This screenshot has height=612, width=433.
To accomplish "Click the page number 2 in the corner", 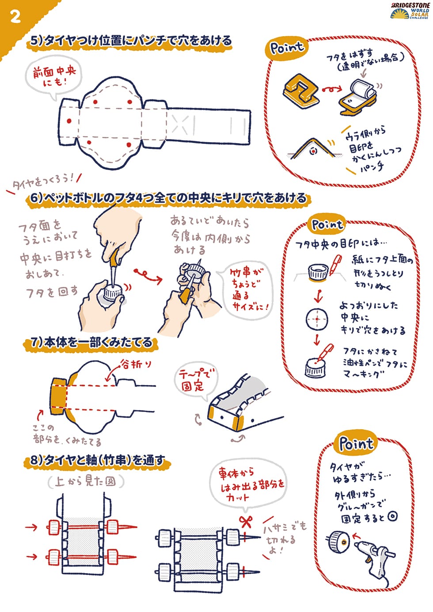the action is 15,17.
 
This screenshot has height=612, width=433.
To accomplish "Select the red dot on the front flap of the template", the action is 69,121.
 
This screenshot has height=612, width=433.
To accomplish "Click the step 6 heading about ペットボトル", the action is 168,197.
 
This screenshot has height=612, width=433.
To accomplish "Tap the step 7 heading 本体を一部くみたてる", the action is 91,342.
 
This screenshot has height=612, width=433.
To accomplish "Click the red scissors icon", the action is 245,522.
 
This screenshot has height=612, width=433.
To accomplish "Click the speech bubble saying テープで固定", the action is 195,382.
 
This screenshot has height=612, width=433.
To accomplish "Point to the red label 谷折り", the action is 136,364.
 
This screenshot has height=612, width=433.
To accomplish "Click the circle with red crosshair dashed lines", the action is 317,319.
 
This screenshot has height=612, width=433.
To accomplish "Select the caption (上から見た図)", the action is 85,481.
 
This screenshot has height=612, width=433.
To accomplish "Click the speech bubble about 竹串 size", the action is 247,290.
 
